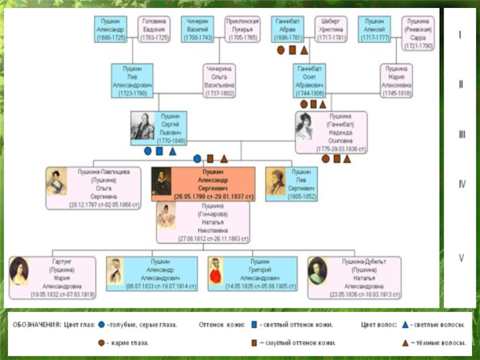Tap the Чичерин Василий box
[x=198, y=29]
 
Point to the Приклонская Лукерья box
[x=242, y=29]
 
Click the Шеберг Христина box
[x=331, y=29]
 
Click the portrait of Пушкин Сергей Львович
[x=142, y=127]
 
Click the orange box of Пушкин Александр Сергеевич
[x=203, y=183]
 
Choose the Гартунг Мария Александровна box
[x=52, y=278]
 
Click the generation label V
[x=461, y=259]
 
